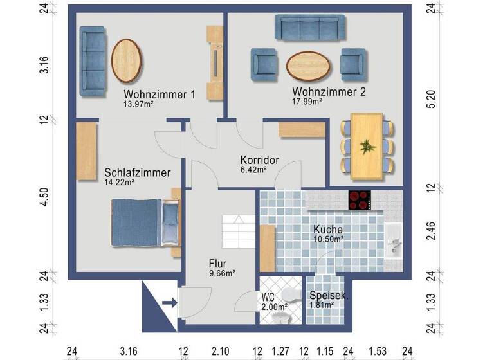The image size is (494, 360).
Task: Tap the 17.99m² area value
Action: pyautogui.click(x=307, y=101)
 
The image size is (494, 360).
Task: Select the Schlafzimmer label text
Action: pyautogui.click(x=137, y=172)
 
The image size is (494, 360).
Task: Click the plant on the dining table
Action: pyautogui.click(x=367, y=147)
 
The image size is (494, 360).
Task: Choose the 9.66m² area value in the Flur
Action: pyautogui.click(x=221, y=273)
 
